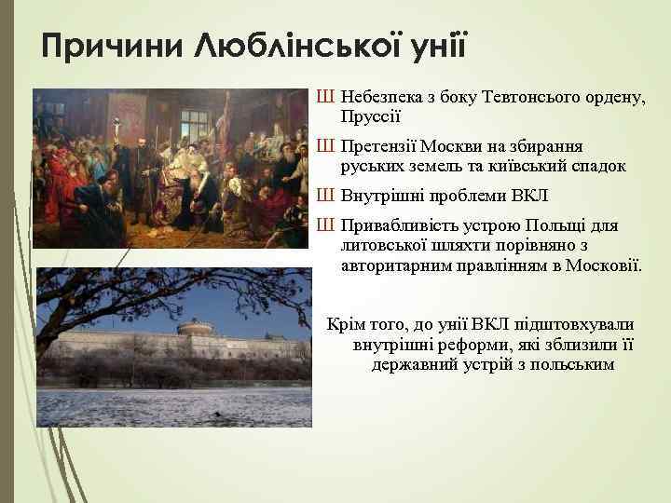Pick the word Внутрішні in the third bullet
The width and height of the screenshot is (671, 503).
tap(380, 197)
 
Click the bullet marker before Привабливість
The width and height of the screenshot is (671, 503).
tap(324, 226)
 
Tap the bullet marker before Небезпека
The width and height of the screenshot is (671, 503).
tap(324, 97)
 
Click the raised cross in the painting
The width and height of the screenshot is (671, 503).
tap(116, 126)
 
